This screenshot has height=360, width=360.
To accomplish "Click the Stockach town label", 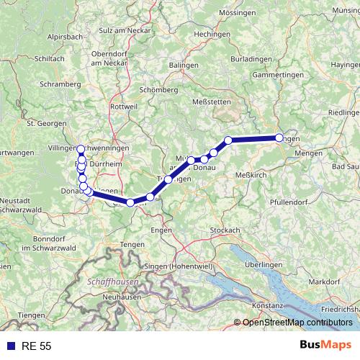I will pyautogui.click(x=225, y=230).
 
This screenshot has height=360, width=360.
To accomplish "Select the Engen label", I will pyautogui.click(x=161, y=230).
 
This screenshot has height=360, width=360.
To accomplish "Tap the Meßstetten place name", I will pyautogui.click(x=213, y=102).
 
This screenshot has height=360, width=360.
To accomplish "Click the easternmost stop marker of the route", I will pyautogui.click(x=279, y=138).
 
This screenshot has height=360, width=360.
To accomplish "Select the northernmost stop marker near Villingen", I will pyautogui.click(x=80, y=149).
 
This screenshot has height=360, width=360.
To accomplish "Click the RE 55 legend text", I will pyautogui.click(x=36, y=346).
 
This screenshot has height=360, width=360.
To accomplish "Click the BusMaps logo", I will pyautogui.click(x=324, y=346).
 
